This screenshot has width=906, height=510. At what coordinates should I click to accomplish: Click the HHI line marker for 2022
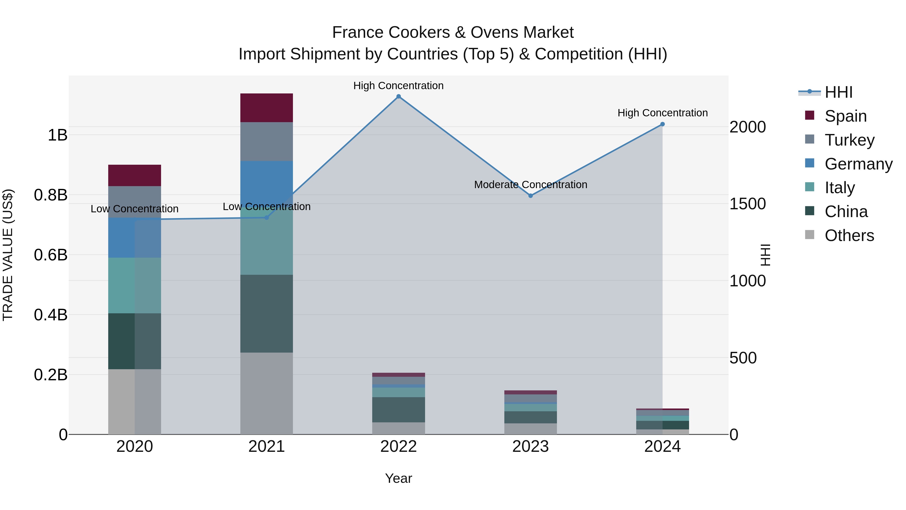[398, 96]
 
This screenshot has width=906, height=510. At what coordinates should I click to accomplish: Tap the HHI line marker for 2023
[531, 196]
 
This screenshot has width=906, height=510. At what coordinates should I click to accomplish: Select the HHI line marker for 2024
[663, 124]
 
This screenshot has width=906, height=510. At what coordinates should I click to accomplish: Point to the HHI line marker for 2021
[267, 218]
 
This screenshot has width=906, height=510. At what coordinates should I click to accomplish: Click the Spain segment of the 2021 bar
[267, 108]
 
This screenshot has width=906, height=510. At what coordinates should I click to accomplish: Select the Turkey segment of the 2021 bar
[267, 142]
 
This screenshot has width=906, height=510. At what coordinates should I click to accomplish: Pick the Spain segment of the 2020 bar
[135, 175]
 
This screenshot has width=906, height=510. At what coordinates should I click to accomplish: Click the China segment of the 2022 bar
[398, 410]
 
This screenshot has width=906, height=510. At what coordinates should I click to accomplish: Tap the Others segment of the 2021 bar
[267, 393]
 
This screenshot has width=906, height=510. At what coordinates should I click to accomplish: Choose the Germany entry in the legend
[858, 164]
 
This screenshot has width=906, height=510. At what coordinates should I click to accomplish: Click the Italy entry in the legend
[840, 188]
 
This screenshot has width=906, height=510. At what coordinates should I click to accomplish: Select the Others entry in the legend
[849, 235]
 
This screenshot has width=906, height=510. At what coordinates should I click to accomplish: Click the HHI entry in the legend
[839, 92]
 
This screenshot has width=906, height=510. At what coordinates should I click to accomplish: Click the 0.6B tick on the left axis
[51, 255]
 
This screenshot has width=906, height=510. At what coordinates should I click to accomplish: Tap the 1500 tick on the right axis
[748, 204]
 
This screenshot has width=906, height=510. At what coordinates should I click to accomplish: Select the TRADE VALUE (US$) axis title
[8, 255]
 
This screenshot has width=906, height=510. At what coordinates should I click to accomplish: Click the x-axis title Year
[398, 478]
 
